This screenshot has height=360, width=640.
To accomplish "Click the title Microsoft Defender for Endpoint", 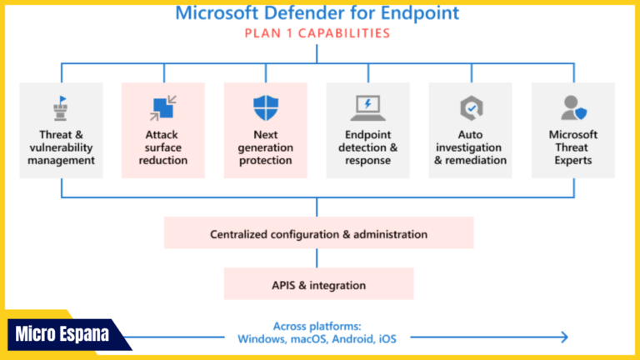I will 317,13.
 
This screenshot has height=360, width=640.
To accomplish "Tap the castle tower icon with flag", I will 61,107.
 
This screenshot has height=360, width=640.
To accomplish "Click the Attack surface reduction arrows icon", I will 162,108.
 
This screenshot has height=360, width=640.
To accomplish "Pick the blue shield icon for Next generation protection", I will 265,108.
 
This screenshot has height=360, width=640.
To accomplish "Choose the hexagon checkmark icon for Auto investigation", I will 470,108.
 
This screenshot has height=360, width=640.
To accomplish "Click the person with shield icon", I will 573,107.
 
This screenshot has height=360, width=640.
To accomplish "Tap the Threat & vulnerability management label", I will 61,147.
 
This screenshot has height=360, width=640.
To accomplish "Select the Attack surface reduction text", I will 163,147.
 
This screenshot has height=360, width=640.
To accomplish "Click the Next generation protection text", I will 265,147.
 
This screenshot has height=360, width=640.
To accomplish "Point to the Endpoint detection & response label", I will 367,147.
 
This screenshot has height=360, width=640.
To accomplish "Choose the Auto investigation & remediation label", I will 470,147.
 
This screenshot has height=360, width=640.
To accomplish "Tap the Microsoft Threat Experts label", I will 573,147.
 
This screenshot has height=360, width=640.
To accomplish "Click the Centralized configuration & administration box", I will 318,234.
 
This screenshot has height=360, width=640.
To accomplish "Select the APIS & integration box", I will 318,284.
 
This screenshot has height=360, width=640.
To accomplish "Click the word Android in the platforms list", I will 352,339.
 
